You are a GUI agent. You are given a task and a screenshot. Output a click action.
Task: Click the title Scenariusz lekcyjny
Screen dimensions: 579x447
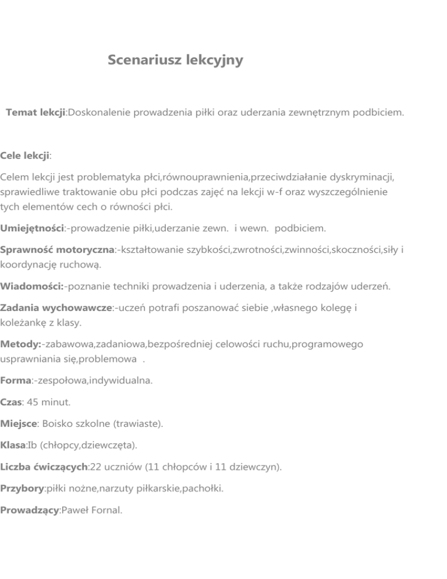click(x=175, y=60)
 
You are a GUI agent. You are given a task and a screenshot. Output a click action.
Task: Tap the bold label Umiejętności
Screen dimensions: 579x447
click(x=32, y=227)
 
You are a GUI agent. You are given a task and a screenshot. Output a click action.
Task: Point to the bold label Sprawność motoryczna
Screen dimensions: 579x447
click(x=56, y=249)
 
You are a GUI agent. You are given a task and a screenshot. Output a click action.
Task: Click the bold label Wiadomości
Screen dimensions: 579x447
click(x=33, y=286)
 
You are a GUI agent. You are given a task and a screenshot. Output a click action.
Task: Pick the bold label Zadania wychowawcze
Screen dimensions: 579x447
click(x=56, y=308)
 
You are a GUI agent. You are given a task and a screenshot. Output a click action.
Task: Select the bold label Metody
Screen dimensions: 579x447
click(x=20, y=344)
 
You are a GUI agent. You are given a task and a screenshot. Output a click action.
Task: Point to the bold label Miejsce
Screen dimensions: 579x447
click(x=20, y=424)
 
